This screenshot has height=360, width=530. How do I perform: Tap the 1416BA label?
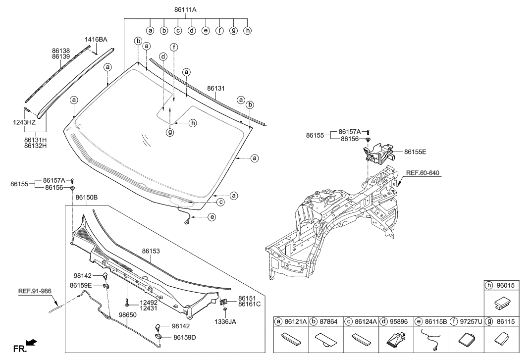coord(96,39)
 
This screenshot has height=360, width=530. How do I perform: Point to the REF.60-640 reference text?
coord(423,173)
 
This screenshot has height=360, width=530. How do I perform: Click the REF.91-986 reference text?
coord(35,291)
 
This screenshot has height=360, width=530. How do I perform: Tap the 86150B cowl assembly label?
coord(87,197)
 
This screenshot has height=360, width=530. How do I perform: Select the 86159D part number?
coord(184,337)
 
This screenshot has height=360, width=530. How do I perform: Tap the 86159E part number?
coord(81,285)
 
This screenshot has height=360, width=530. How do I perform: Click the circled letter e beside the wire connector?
coord(212,217)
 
